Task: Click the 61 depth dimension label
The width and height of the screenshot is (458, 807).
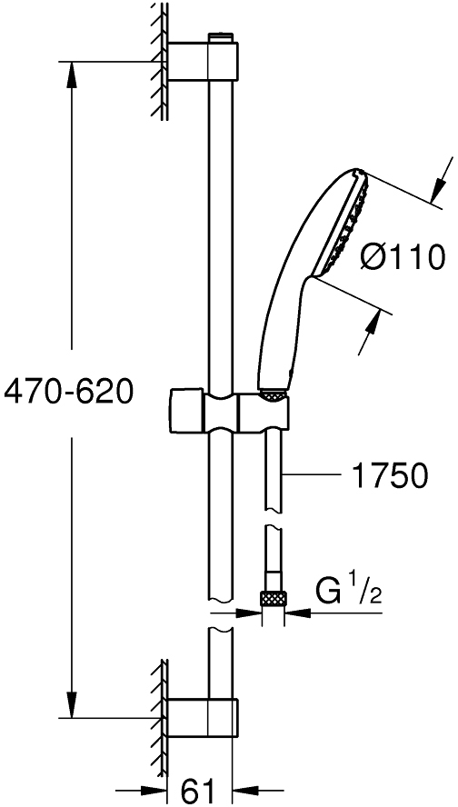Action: [x=198, y=787]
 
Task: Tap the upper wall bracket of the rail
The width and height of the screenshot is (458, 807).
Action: [x=207, y=61]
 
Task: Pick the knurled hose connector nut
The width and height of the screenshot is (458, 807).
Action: [x=272, y=598]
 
